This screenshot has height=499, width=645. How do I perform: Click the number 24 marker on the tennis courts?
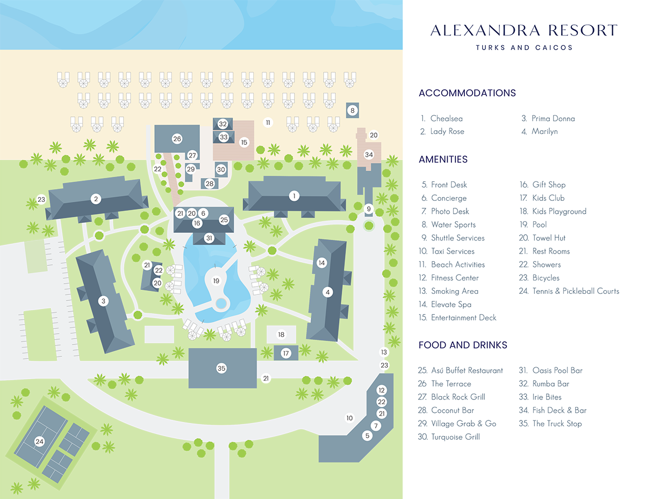click(39, 441)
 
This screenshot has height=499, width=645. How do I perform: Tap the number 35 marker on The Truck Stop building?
click(221, 368)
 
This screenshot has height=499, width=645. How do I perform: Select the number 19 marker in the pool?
click(216, 280)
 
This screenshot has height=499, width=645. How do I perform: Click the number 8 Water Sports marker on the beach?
click(353, 110)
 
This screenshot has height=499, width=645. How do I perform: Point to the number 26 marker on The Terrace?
click(177, 139)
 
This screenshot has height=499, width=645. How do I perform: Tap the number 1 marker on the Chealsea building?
click(293, 196)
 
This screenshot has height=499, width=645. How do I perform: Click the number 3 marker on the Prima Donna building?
click(103, 301)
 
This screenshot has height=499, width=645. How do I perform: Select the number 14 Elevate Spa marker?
click(321, 263)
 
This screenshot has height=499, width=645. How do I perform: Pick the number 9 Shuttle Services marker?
click(368, 208)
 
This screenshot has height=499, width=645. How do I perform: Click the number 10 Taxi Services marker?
click(349, 418)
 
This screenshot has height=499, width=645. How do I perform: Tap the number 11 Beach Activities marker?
click(268, 123)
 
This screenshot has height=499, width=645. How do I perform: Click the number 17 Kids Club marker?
click(286, 354)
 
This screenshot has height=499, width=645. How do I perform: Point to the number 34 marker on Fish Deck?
click(369, 154)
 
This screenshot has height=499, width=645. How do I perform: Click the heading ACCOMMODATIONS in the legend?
click(467, 93)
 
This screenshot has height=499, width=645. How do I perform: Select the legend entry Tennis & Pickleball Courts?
click(575, 291)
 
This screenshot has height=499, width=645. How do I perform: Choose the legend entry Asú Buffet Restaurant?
click(467, 370)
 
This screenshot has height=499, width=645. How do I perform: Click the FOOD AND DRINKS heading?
click(463, 345)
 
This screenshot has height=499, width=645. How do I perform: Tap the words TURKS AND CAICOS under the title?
click(524, 47)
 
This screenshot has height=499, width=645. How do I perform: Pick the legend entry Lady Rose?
click(447, 131)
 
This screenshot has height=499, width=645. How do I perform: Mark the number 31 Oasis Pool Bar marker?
click(209, 238)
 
